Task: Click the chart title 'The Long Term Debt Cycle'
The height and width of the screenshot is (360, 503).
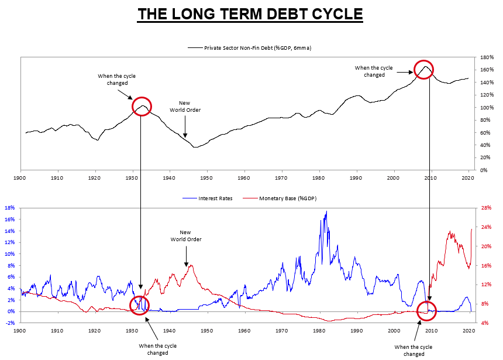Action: [x=250, y=13]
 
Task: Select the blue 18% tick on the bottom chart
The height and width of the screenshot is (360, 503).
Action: [x=9, y=208]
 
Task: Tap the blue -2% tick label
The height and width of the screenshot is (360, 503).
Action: [x=9, y=323]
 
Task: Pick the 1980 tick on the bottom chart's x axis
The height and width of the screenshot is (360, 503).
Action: [x=318, y=331]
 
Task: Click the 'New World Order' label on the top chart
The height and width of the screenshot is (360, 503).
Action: [x=184, y=107]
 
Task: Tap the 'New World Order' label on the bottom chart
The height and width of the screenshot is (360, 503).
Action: [x=186, y=236]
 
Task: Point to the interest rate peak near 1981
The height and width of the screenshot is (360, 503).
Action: [x=326, y=211]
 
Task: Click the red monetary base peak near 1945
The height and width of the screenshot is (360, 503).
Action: [x=191, y=266]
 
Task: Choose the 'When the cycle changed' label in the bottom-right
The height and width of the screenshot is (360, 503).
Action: [x=414, y=350]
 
